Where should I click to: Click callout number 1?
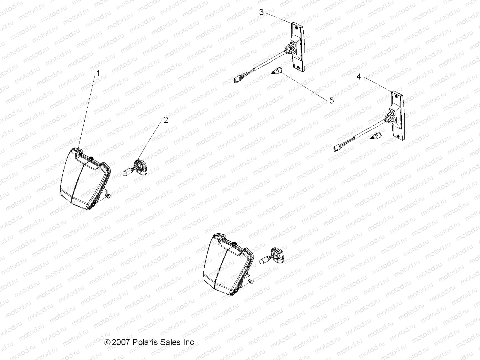tap(97, 73)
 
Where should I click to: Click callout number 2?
tap(166, 120)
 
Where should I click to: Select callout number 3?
tap(261, 12)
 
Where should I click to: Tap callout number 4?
tap(358, 77)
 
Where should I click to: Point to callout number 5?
tap(331, 100)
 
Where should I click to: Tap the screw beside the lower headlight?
tap(252, 282)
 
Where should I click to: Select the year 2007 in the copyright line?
tap(121, 342)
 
